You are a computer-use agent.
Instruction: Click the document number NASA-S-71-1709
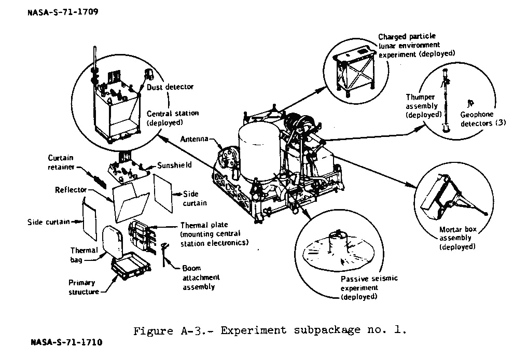pos(62,11)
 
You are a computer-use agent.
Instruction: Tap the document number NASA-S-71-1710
pos(66,342)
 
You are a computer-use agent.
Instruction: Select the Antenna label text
pos(195,139)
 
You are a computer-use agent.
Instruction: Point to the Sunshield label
pos(174,165)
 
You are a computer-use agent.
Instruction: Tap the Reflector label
pos(71,190)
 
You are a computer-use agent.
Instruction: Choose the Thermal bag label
pos(84,254)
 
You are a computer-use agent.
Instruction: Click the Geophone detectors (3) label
pos(483,119)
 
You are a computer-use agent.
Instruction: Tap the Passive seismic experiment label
pos(369,287)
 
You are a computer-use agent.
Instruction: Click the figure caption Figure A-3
pos(269,330)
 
